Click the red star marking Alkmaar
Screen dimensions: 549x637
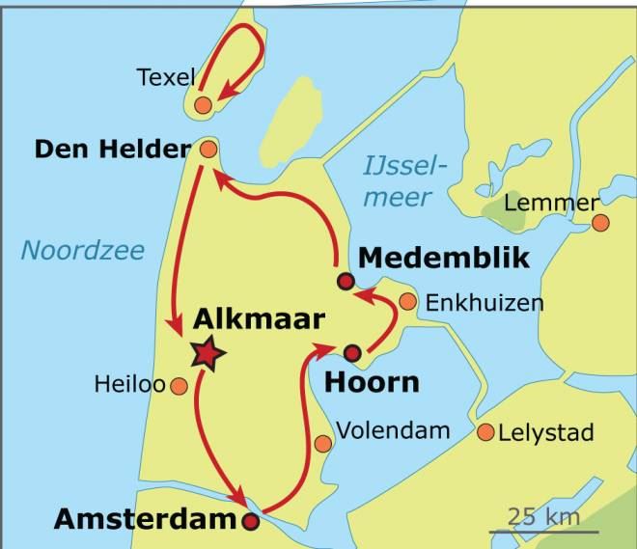(x=206, y=354)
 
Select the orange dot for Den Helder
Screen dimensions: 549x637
(x=208, y=149)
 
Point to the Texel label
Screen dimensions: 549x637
(x=166, y=76)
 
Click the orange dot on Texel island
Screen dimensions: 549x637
(x=203, y=104)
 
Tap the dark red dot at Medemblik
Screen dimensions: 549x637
(x=346, y=281)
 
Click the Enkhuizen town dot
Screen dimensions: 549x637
(x=407, y=302)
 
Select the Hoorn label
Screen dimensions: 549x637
(x=372, y=381)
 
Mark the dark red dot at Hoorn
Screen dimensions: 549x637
(x=352, y=352)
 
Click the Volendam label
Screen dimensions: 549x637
(x=393, y=430)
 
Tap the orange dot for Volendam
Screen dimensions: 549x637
(x=323, y=444)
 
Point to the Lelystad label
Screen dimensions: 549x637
(x=545, y=432)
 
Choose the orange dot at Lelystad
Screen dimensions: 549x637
(x=485, y=431)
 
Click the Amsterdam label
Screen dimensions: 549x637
(x=145, y=518)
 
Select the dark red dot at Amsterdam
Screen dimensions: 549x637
(x=251, y=522)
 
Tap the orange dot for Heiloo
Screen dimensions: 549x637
(x=178, y=387)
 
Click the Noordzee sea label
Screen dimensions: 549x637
(x=83, y=252)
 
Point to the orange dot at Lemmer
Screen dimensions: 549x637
(x=600, y=223)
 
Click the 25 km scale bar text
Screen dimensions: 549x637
(x=544, y=515)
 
